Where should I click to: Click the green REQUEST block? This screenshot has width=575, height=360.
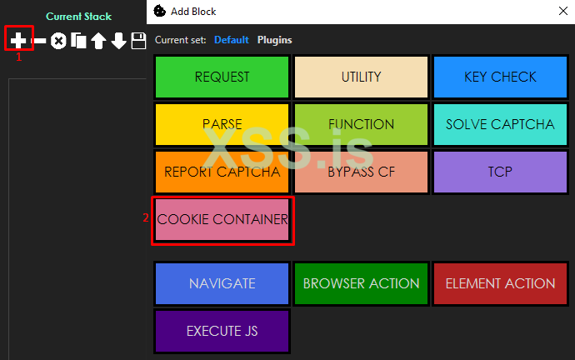[222, 77]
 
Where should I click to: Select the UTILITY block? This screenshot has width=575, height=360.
[361, 77]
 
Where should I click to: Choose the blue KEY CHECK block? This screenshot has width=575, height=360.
[500, 77]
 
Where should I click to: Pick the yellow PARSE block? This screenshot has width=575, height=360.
[222, 124]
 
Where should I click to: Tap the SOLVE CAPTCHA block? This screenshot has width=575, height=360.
[500, 124]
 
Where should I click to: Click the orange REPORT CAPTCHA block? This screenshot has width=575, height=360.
[222, 172]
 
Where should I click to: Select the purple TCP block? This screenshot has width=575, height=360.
[500, 172]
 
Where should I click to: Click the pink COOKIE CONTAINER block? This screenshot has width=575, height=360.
[222, 220]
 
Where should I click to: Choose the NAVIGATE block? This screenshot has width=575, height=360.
[222, 283]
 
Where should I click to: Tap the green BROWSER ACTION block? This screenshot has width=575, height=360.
[361, 283]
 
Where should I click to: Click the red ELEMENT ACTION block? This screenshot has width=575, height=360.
[500, 283]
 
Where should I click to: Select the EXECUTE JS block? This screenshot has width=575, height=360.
[222, 331]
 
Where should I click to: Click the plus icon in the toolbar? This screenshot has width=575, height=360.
[18, 40]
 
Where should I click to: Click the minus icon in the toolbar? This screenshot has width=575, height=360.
[38, 40]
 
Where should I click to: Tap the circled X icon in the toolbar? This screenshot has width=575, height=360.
[58, 41]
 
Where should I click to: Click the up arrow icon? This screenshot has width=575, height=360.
[98, 41]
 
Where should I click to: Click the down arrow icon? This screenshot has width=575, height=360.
[119, 41]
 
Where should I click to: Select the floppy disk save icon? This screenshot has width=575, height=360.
[138, 41]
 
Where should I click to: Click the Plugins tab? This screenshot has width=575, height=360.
[275, 40]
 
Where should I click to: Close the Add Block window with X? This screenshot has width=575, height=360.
[563, 11]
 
